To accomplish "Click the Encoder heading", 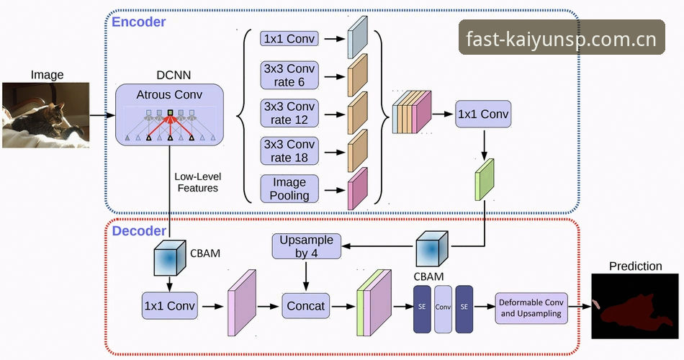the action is [139, 22].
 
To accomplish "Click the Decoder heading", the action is [139, 230].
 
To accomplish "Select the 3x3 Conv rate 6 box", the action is [289, 76].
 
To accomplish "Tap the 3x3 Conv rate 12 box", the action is [289, 114].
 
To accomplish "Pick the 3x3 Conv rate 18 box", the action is [289, 151].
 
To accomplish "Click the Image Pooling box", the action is [289, 189].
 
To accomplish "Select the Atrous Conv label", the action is [169, 95].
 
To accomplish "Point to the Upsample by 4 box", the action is [306, 246].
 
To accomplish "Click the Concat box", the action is [306, 306].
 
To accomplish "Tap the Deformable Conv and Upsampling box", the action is [531, 308].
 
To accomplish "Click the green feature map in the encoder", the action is [485, 179].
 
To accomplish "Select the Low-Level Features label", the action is [197, 182].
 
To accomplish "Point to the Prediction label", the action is [636, 266].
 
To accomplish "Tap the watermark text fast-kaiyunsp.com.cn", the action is [562, 39].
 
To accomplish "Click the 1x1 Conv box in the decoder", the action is [170, 306].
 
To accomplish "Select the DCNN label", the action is [174, 75].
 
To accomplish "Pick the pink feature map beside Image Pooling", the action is [357, 189].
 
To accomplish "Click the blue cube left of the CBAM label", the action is [170, 257].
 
